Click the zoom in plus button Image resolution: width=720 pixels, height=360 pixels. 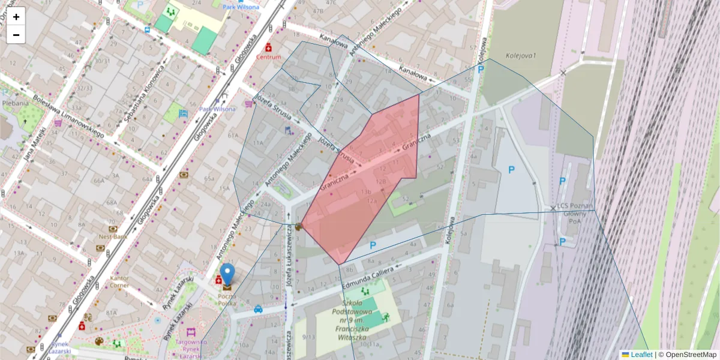16,16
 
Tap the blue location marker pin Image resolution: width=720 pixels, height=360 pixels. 227,274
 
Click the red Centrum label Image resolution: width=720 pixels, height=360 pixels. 268,57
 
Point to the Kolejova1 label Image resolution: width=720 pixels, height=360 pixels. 520,55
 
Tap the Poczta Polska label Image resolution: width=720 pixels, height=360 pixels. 227,301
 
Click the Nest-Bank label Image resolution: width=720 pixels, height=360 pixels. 112,237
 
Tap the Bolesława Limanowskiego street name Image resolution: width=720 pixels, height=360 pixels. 68,117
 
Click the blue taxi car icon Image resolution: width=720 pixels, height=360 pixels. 258,310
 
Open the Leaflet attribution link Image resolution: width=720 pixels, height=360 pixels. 641,355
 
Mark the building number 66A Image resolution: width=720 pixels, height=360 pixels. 98,180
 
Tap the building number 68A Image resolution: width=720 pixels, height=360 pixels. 112,202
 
